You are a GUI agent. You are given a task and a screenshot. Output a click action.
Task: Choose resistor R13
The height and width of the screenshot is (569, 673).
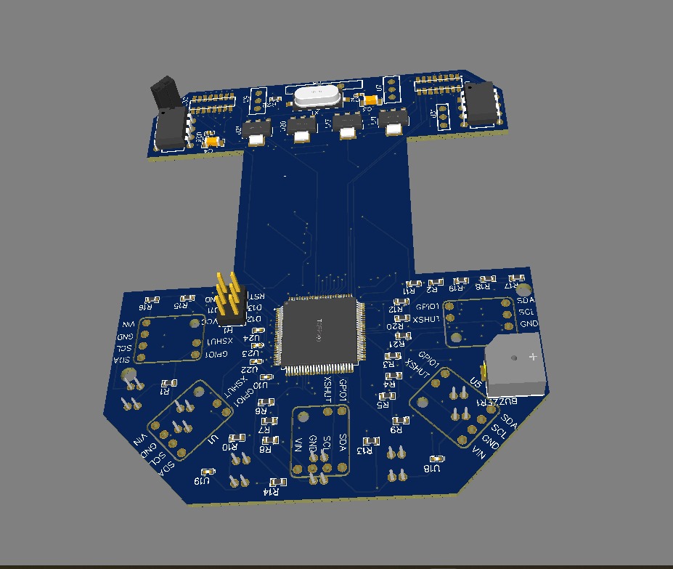pyautogui.click(x=371, y=441)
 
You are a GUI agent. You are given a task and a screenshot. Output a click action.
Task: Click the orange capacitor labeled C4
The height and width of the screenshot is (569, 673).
pyautogui.click(x=211, y=142)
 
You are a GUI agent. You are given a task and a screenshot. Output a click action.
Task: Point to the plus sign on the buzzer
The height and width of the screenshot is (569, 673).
pyautogui.click(x=534, y=356)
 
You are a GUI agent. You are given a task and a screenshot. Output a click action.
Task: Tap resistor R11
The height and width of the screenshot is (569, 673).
pyautogui.click(x=414, y=283)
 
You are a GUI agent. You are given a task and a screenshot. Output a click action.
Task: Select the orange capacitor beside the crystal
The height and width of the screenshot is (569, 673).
pyautogui.click(x=371, y=100)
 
